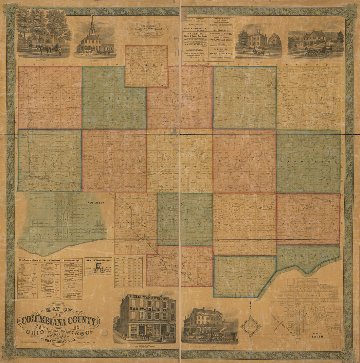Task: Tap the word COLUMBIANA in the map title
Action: tap(58, 321)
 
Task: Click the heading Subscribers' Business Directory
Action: tap(50, 261)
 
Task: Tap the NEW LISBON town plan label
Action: tap(96, 203)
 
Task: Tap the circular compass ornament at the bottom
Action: tap(251, 326)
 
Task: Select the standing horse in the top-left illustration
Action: tap(44, 49)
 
